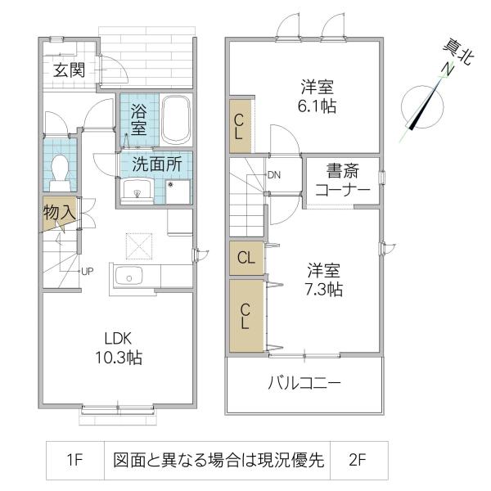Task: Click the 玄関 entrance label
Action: [70, 70]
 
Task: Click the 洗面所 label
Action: [157, 164]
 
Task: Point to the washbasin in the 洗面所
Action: [137, 191]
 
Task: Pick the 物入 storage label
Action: [59, 213]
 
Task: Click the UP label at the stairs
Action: [87, 271]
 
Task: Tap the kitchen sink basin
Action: [128, 276]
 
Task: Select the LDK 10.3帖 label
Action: [119, 348]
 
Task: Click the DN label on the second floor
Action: [274, 175]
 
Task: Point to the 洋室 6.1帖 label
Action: [317, 97]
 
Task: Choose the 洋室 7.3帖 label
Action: [324, 280]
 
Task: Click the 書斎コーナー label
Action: [343, 180]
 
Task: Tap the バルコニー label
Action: [304, 383]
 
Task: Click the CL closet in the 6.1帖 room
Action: [241, 126]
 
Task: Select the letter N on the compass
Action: [448, 70]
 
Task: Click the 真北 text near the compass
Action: [458, 52]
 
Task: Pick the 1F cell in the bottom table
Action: [74, 460]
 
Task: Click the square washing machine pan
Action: [178, 191]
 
